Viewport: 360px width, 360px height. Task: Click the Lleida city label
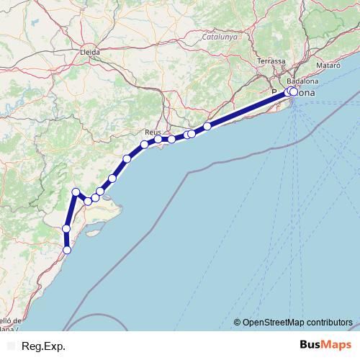(x=91, y=52)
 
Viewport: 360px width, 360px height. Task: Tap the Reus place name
(x=153, y=132)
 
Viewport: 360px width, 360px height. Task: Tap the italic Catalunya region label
(x=220, y=37)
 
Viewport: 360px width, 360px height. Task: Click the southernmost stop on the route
(x=67, y=250)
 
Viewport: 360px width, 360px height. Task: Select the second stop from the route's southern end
(x=66, y=228)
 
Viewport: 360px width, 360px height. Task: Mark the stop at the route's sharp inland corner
(x=76, y=191)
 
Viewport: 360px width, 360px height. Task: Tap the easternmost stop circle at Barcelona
(x=294, y=91)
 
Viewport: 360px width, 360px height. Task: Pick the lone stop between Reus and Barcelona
(x=207, y=126)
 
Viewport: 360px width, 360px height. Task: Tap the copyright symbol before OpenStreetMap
(x=237, y=322)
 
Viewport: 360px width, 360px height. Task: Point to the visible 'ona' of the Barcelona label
(x=305, y=93)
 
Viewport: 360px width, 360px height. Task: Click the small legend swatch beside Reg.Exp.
(x=8, y=346)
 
